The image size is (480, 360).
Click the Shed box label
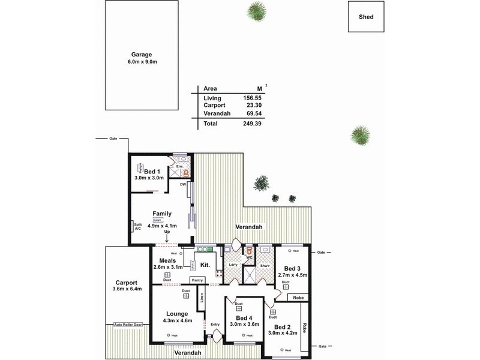click(366, 17)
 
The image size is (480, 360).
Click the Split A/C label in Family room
click(137, 226)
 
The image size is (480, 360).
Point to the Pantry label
click(198, 280)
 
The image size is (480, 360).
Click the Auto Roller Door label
click(127, 325)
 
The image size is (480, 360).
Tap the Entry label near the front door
click(216, 325)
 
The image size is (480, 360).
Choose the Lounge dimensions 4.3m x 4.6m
click(177, 320)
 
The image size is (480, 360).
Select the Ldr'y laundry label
click(233, 265)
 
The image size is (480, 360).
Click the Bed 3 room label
click(292, 268)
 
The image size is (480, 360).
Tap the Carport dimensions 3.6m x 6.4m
click(127, 289)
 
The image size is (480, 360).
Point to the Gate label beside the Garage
click(113, 139)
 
